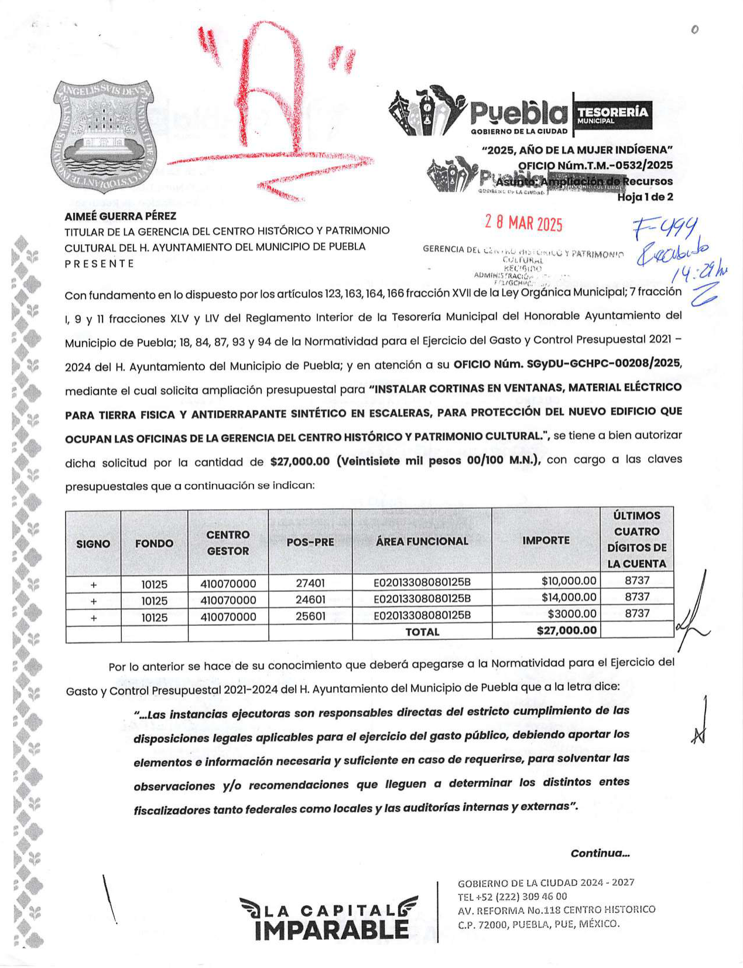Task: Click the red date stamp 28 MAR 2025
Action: point(523,223)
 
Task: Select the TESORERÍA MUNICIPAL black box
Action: point(612,114)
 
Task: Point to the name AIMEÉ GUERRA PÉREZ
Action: point(120,216)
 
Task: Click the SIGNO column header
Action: point(93,544)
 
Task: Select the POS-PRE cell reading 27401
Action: point(310,583)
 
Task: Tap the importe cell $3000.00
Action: point(572,613)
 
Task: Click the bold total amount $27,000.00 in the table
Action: point(566,630)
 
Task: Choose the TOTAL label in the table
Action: point(422,632)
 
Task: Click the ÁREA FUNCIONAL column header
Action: point(422,541)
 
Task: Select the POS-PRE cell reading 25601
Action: point(310,616)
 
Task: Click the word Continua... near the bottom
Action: point(600,853)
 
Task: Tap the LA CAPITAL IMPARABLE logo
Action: point(328,918)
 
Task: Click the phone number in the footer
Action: point(512,896)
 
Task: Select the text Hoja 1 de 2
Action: point(645,197)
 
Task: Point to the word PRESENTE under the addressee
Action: point(100,264)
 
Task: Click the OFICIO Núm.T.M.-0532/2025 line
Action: point(595,165)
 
